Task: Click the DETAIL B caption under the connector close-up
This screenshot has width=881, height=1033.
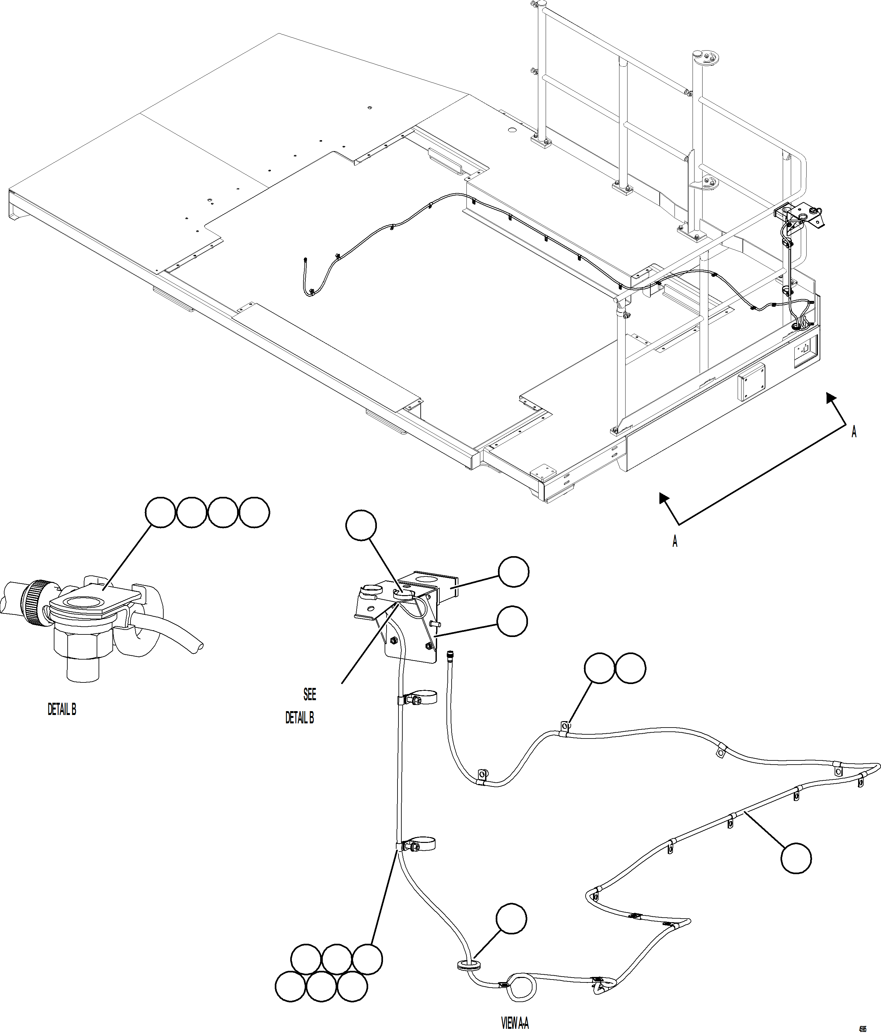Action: pyautogui.click(x=62, y=710)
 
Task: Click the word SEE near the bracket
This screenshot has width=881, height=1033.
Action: pyautogui.click(x=310, y=694)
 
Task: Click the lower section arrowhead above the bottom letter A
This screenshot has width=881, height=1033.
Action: pyautogui.click(x=664, y=497)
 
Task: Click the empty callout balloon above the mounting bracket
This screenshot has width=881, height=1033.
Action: pyautogui.click(x=361, y=525)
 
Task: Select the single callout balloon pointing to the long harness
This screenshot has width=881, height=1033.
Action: pyautogui.click(x=796, y=858)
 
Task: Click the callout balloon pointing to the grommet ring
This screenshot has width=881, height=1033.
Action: pyautogui.click(x=511, y=918)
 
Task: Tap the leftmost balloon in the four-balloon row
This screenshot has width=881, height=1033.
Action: pyautogui.click(x=160, y=512)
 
